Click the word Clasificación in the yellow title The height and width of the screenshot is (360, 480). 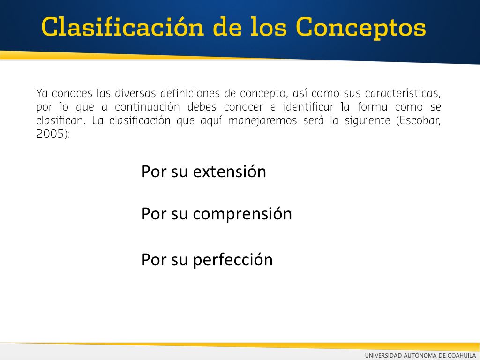pyautogui.click(x=122, y=27)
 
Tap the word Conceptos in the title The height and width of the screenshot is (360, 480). pyautogui.click(x=361, y=28)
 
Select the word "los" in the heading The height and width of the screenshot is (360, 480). pyautogui.click(x=269, y=27)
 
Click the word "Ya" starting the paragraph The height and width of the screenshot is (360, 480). pyautogui.click(x=42, y=93)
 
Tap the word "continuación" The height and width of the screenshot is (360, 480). pyautogui.click(x=147, y=107)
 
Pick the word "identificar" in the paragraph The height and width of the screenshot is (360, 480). pyautogui.click(x=308, y=106)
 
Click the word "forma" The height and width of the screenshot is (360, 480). pyautogui.click(x=372, y=106)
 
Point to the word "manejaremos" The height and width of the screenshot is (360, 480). pyautogui.click(x=262, y=120)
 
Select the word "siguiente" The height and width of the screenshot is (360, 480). pyautogui.click(x=367, y=121)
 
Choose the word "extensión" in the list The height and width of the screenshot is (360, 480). pyautogui.click(x=229, y=172)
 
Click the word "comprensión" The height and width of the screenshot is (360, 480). pyautogui.click(x=242, y=214)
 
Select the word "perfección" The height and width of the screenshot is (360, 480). pyautogui.click(x=232, y=260)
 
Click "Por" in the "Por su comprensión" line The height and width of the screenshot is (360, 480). pyautogui.click(x=154, y=214)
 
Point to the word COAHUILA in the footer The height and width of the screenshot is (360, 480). pyautogui.click(x=462, y=355)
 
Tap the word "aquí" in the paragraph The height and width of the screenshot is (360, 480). pyautogui.click(x=211, y=121)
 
